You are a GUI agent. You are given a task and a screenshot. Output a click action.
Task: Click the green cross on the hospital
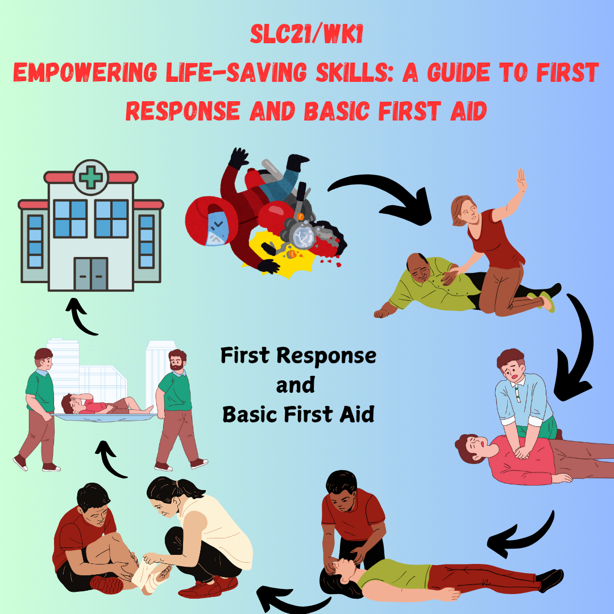91,177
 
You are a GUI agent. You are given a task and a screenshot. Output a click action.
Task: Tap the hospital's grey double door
91,273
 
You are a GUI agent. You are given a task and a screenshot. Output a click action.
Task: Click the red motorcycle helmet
211,221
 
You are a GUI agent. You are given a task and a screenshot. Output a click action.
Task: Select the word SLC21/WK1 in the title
306,35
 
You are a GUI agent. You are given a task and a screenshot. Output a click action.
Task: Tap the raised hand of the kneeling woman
521,180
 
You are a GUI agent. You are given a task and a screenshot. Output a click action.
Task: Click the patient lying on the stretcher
106,405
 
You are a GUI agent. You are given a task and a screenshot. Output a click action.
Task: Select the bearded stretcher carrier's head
177,360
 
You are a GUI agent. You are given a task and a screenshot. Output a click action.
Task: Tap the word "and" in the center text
295,385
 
